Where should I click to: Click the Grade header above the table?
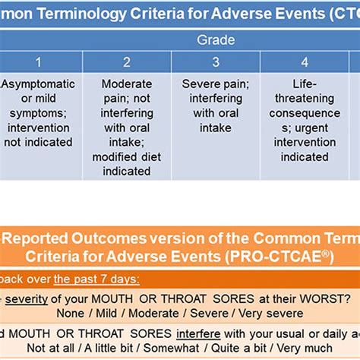216,39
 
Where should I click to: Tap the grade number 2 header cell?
127,63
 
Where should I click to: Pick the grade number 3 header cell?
216,63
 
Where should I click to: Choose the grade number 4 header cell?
304,63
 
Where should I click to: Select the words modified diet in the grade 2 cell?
127,156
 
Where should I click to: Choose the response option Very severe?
259,312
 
